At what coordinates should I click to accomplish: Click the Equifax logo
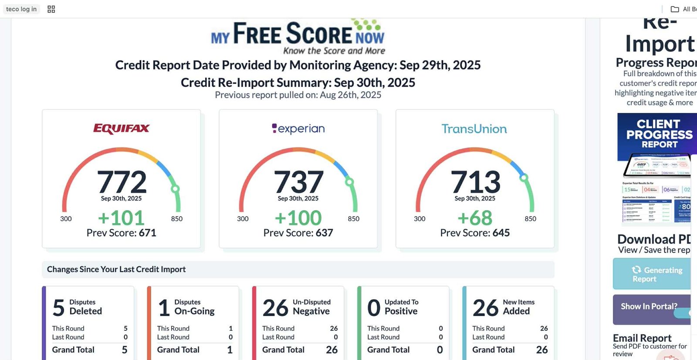[x=121, y=129]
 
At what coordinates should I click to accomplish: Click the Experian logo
[x=298, y=129]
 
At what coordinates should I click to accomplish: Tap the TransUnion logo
[x=474, y=129]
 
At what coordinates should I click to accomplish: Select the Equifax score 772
[x=122, y=182]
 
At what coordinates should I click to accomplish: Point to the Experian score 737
[x=298, y=182]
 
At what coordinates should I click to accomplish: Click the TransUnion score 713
[x=475, y=182]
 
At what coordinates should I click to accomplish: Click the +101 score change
[x=121, y=217]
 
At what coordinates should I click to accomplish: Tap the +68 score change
[x=475, y=217]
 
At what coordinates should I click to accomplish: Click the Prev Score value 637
[x=324, y=233]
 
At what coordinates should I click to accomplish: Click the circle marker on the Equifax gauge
[x=175, y=189]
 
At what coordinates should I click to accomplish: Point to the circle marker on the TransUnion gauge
[x=524, y=177]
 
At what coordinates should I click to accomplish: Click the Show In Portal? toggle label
[x=649, y=306]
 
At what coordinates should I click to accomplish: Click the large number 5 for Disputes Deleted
[x=59, y=308]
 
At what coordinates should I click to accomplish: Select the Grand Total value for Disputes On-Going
[x=230, y=350]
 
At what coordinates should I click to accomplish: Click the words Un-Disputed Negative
[x=311, y=307]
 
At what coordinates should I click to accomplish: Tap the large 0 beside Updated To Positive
[x=374, y=308]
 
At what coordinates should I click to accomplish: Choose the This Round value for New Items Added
[x=544, y=328]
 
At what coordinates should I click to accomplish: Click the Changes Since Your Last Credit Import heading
[x=116, y=269]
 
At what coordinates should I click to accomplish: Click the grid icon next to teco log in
[x=51, y=9]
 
